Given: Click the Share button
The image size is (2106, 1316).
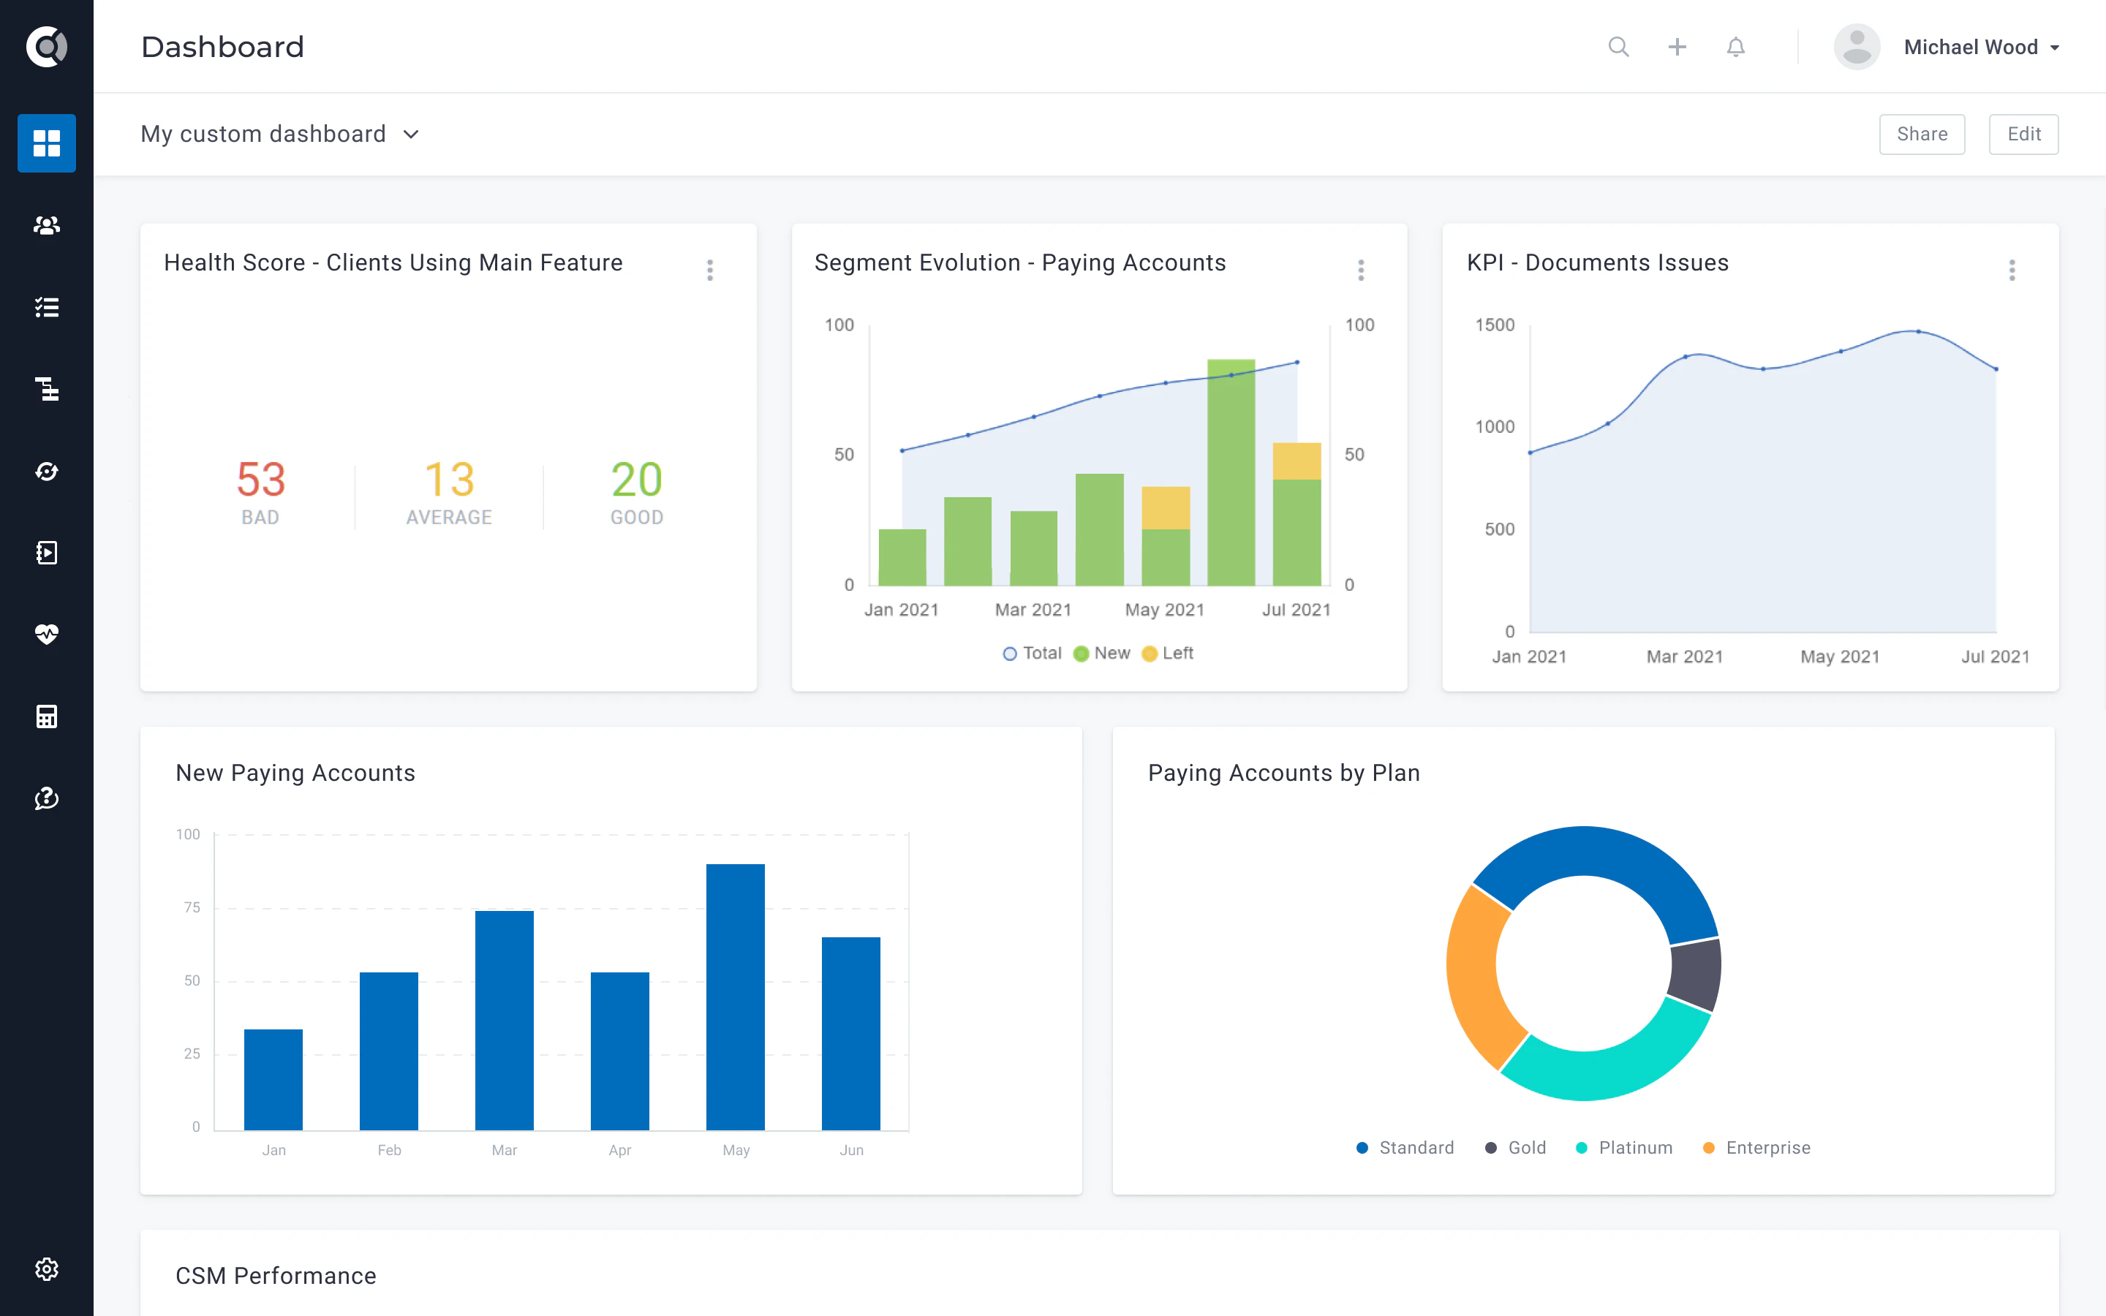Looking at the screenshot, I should tap(1922, 134).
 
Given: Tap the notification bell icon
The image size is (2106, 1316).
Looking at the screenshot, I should tap(1735, 47).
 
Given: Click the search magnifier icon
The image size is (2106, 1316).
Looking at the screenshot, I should tap(1618, 47).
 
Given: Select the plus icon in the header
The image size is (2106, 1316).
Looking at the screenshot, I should tap(1677, 47).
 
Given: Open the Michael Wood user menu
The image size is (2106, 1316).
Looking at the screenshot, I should tap(1979, 47).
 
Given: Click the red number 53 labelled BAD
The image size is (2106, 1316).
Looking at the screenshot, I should tap(261, 480).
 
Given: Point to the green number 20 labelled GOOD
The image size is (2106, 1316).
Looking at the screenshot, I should tap(636, 480).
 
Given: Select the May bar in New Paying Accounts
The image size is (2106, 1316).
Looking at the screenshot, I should tap(736, 997).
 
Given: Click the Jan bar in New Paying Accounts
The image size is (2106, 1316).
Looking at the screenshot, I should tap(273, 1079).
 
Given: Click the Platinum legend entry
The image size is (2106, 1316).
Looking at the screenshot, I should tap(1624, 1148).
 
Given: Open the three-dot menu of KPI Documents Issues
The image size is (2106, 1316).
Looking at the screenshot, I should tap(2011, 270).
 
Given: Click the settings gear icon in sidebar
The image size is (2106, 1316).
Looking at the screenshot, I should tap(47, 1269).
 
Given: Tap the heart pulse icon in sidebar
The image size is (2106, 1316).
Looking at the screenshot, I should tap(47, 634).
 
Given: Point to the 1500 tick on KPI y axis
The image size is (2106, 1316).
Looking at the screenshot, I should tap(1494, 325).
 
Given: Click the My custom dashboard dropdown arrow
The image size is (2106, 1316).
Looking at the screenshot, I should tap(412, 134).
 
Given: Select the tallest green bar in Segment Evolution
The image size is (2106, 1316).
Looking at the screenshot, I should tap(1231, 472).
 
